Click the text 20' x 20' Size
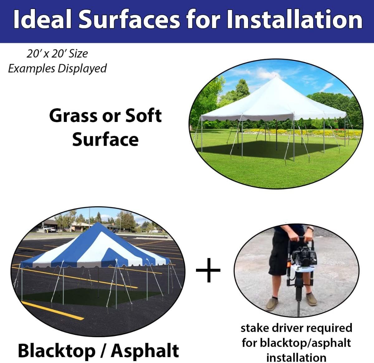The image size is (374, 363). pos(57,54)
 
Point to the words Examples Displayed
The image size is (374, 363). pos(57,68)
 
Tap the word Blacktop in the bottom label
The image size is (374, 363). pos(56,351)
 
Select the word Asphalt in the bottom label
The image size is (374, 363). pos(145,351)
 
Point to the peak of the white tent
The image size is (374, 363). pos(276,77)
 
